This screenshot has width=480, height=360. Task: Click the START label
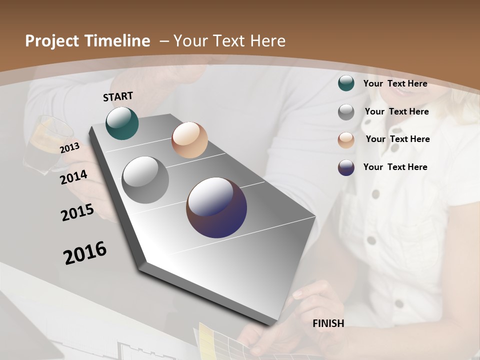click(x=118, y=96)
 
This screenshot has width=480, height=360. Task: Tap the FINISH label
click(x=328, y=323)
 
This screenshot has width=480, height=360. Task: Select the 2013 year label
click(x=69, y=147)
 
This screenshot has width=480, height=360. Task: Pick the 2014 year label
click(x=74, y=177)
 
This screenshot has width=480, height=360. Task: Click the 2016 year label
click(x=85, y=252)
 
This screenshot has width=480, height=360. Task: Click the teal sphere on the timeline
click(x=122, y=123)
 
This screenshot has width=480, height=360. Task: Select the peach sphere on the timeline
click(x=189, y=140)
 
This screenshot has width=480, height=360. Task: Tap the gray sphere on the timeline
click(x=145, y=180)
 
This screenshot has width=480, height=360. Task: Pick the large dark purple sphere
click(x=216, y=207)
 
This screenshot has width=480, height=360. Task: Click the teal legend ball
click(x=346, y=83)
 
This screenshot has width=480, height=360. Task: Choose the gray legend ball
click(x=346, y=112)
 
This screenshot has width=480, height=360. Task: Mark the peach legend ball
click(x=346, y=140)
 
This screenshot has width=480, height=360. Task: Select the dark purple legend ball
click(x=346, y=167)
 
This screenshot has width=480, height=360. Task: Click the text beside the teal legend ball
click(x=395, y=83)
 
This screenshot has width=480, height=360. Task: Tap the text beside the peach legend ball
click(x=397, y=139)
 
